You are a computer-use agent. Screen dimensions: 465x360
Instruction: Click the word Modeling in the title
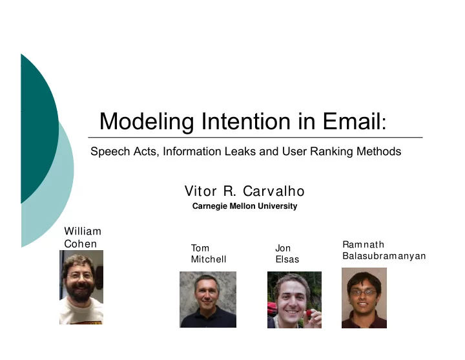[x=147, y=122]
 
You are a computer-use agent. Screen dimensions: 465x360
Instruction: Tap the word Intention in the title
[x=246, y=121]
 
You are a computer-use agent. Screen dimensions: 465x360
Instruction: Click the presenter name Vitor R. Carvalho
[x=245, y=191]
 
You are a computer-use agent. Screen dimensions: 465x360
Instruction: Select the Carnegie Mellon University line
[x=245, y=206]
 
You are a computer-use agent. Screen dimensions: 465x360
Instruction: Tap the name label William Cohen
[x=83, y=237]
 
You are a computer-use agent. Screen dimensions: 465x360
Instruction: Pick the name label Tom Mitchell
[x=209, y=254]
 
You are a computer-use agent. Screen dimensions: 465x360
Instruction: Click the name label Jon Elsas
[x=287, y=254]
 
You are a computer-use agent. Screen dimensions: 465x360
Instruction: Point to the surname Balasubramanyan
[x=384, y=256]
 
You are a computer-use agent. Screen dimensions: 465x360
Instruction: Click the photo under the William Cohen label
[x=81, y=287]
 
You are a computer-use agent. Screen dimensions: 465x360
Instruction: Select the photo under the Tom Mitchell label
[x=208, y=299]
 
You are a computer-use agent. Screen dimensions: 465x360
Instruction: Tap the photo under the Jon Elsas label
[x=294, y=300]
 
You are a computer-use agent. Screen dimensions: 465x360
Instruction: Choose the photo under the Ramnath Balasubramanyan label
[x=364, y=298]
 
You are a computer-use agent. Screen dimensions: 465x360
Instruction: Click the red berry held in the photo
[x=309, y=313]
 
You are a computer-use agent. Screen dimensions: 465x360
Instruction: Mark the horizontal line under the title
[x=255, y=138]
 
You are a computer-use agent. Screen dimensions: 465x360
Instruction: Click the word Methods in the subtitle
[x=378, y=151]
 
